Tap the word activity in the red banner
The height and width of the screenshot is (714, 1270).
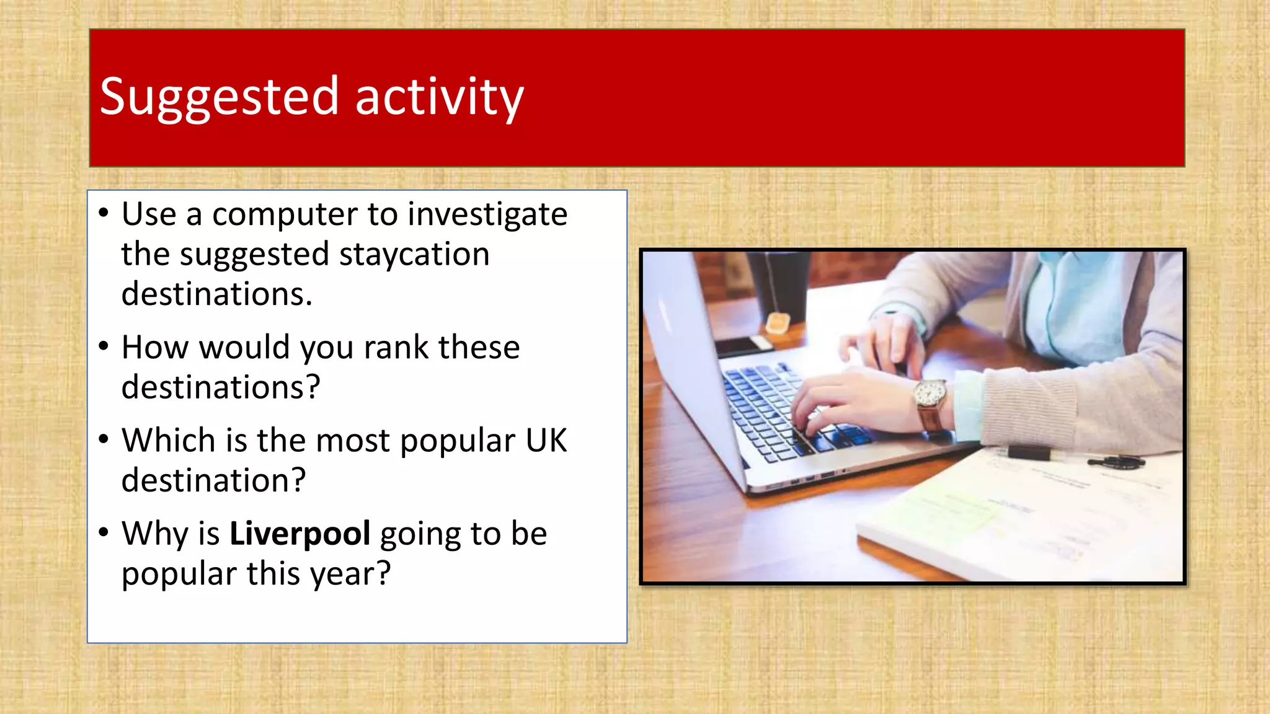(439, 98)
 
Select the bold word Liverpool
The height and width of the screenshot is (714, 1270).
(300, 534)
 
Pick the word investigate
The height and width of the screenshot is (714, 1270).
(487, 215)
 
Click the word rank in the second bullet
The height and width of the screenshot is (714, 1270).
(396, 348)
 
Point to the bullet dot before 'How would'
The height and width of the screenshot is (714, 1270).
(104, 346)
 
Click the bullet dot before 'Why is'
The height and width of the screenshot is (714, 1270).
(104, 532)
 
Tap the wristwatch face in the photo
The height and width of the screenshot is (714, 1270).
(930, 394)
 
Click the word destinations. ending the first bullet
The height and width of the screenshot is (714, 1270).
(216, 294)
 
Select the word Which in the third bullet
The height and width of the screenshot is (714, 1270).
(169, 441)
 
